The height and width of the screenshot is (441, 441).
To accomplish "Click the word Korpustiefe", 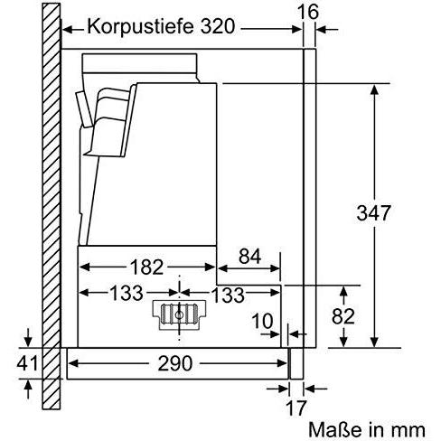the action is point(140,26).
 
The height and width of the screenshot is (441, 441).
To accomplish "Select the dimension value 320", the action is point(217,26).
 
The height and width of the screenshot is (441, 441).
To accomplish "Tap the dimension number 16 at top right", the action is point(307,12).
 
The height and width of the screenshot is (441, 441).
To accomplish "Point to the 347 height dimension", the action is point(373,212).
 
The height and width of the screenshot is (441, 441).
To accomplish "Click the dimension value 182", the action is point(146,267).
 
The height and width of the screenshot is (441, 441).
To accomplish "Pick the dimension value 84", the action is point(249,257).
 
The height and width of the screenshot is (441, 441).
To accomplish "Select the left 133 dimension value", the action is point(127,293).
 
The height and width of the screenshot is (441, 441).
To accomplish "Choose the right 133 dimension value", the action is point(228,295).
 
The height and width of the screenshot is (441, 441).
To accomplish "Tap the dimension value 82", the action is point(343,316).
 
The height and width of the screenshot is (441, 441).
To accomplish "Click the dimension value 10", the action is point(263,321).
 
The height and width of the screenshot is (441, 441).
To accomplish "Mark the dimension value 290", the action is point(175,363).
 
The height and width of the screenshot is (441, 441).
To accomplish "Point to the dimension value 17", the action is point(296,408).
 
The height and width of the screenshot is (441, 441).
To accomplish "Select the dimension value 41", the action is point(27,362).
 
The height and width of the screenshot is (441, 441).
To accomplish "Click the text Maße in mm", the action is point(367,429).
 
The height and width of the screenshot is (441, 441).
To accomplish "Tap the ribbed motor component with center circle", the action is point(179,315).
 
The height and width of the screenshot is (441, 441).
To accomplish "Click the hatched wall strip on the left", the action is point(52,206).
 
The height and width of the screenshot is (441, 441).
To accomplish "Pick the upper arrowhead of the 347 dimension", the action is point(374,90).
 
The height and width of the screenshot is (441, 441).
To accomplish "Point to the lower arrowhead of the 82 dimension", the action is point(343,342).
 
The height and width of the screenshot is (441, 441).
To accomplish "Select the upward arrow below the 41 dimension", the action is point(28,389).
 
